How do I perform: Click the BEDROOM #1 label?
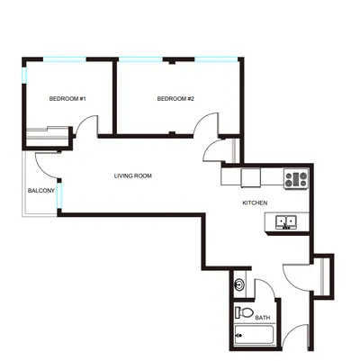(x=67, y=99)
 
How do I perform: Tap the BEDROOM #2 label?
(x=175, y=99)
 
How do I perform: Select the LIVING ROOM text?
(x=133, y=176)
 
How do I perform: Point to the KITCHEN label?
(x=255, y=203)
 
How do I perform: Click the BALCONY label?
(x=41, y=191)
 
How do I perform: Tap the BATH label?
(x=263, y=318)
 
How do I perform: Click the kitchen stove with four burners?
(x=296, y=179)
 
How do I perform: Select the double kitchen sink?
(x=286, y=222)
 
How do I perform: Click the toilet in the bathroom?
(x=244, y=312)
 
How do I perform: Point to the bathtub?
(x=254, y=335)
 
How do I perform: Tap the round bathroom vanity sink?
(x=238, y=284)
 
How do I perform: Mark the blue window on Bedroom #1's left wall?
(x=24, y=76)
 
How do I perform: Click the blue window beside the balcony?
(x=59, y=195)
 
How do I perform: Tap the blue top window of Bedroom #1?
(x=65, y=59)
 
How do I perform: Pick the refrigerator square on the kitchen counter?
(x=251, y=178)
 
